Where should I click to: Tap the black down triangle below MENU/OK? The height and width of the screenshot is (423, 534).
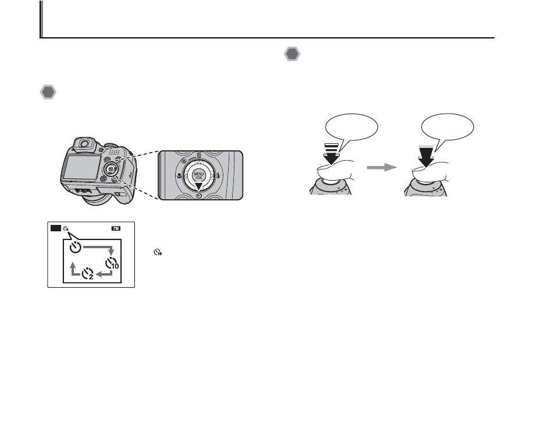[199, 186]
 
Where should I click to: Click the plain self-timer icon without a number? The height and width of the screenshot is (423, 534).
[75, 247]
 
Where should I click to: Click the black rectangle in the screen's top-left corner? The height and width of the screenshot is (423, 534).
[55, 229]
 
